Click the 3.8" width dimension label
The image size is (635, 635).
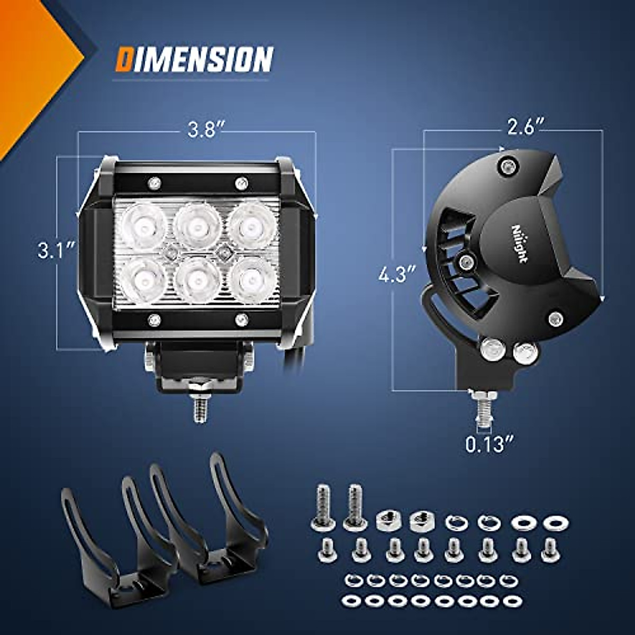pos(204,131)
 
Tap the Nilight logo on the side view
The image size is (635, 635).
pos(520,243)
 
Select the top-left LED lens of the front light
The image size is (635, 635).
pos(144,225)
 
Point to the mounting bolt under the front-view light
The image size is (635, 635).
pos(199,405)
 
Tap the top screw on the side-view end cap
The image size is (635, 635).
pos(507,167)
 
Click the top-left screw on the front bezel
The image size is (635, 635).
pos(155,183)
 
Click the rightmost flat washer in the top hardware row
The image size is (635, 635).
pos(554,523)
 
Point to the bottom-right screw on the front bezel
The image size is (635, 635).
pos(241,320)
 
